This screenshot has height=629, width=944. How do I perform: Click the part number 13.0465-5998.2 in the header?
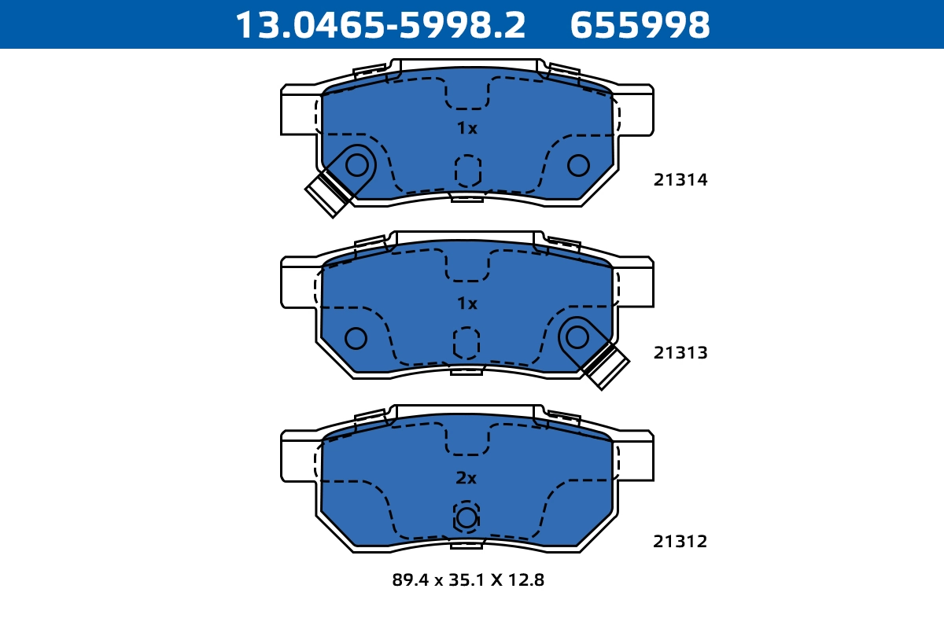tap(381, 25)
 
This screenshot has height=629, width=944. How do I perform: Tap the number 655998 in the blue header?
tap(640, 25)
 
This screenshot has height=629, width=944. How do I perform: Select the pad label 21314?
tap(680, 180)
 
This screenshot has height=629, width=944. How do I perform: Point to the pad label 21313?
tap(680, 353)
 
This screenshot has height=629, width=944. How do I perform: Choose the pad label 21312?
tap(680, 542)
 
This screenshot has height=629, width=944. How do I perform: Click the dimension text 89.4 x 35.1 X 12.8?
tap(468, 581)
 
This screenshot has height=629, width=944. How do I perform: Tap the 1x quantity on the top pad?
tap(467, 128)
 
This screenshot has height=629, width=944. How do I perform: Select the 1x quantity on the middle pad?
tap(467, 303)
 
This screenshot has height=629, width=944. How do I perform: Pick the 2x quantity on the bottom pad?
tap(466, 478)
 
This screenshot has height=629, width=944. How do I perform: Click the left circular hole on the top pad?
tap(357, 165)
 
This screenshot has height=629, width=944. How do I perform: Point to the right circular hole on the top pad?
tap(578, 165)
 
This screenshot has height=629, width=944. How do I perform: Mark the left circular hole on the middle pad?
tap(356, 338)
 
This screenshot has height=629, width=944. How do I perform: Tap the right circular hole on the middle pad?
tap(577, 337)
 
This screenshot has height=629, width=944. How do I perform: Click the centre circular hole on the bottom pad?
tap(466, 517)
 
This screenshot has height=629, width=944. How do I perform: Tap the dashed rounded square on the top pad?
tap(468, 171)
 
